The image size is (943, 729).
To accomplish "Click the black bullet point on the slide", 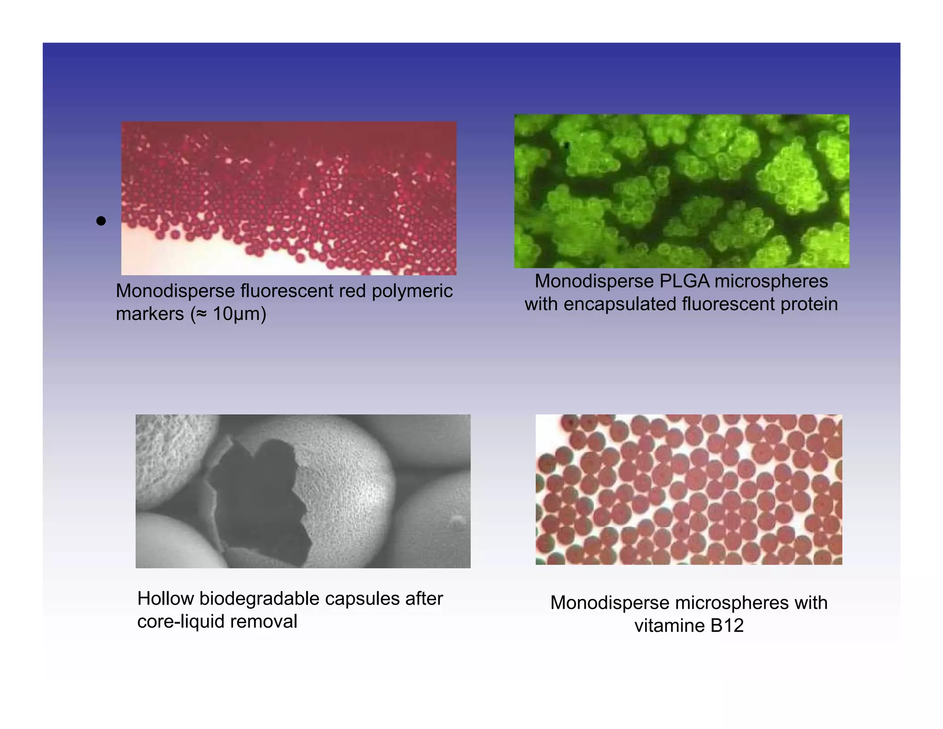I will click(x=101, y=221).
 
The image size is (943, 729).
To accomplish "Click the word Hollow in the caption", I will click(x=165, y=599).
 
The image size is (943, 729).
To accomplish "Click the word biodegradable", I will click(x=260, y=599).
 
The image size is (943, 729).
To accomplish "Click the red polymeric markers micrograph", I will click(x=289, y=198).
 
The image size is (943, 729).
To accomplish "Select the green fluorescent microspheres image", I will click(x=681, y=191).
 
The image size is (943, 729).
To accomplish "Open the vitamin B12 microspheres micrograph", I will click(x=688, y=489).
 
